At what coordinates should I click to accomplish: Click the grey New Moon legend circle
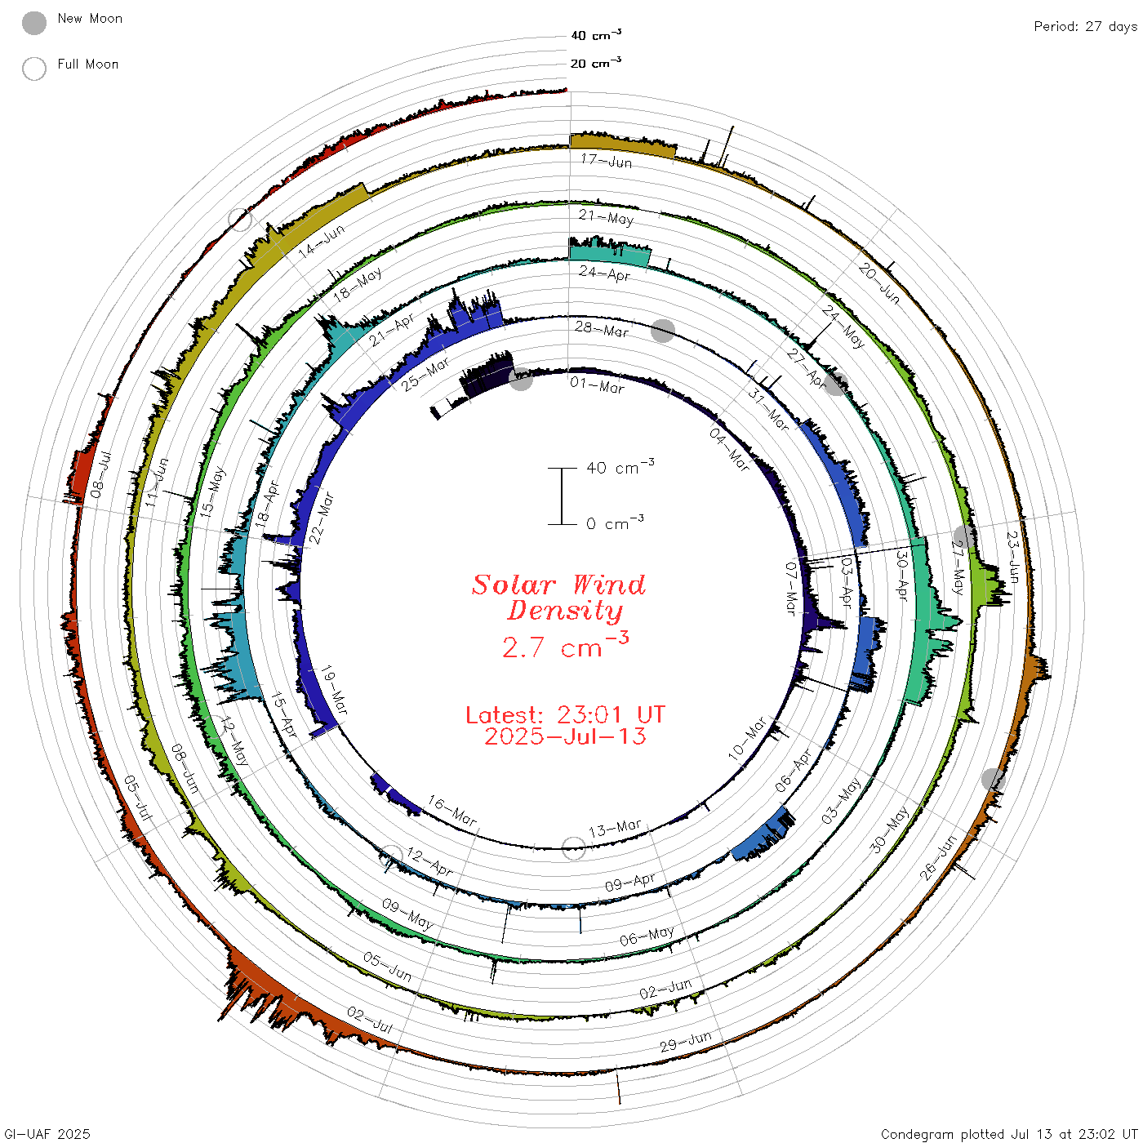coord(34,23)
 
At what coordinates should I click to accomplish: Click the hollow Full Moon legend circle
coord(34,69)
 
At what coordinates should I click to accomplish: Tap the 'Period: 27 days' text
coord(1086,27)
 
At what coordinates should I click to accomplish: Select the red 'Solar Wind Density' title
coord(558,598)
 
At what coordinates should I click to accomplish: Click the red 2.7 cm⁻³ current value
coord(565,645)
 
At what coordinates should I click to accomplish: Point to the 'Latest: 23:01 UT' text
coord(565,714)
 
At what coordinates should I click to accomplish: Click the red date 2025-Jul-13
coord(565,736)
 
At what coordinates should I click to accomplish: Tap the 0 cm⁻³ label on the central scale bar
coord(615,523)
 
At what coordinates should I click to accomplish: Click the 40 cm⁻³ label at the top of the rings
coord(596,35)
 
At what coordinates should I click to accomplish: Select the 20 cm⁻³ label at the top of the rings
coord(596,63)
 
